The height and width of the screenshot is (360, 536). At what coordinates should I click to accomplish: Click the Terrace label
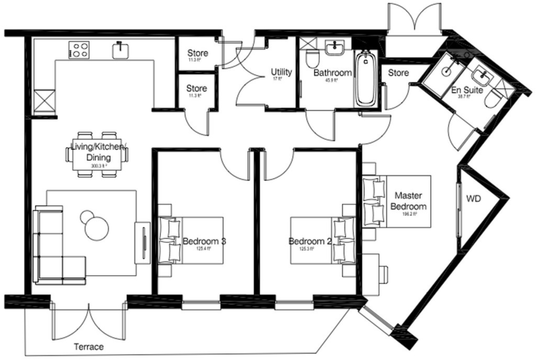click(x=89, y=347)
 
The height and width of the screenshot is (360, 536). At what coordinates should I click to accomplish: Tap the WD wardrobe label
click(x=473, y=199)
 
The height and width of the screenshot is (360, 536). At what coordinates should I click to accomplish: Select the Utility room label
click(x=281, y=72)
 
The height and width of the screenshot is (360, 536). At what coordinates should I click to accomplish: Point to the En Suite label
click(x=467, y=90)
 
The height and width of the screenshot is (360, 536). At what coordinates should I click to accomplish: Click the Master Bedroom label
click(x=408, y=201)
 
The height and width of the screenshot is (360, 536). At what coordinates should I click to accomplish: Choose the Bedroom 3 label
click(x=204, y=241)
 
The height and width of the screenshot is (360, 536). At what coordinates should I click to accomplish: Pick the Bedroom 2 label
click(x=310, y=241)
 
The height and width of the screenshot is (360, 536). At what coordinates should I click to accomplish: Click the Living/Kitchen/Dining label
click(x=98, y=152)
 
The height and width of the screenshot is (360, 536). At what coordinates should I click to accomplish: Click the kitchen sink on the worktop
click(x=120, y=50)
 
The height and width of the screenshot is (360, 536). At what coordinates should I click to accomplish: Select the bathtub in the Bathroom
click(x=365, y=78)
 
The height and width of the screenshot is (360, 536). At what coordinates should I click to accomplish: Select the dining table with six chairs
click(x=98, y=154)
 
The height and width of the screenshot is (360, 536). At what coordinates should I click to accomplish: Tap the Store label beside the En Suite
click(x=398, y=73)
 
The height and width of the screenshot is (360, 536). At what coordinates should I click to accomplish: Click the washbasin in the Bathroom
click(x=335, y=48)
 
